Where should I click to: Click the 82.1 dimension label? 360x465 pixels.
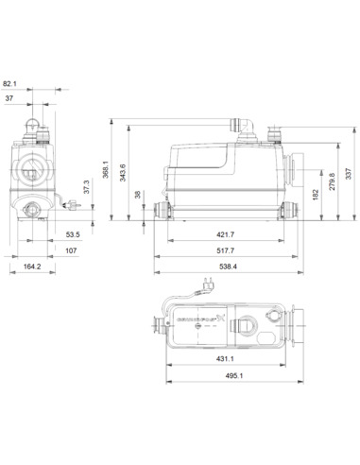pyautogui.click(x=10, y=83)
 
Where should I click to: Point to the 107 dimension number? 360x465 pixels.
pyautogui.click(x=71, y=250)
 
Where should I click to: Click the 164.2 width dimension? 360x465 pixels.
pyautogui.click(x=32, y=268)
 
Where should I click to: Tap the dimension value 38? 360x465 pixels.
pyautogui.click(x=140, y=196)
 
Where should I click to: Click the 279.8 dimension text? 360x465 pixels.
pyautogui.click(x=330, y=181)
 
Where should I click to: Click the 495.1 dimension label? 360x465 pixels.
pyautogui.click(x=233, y=376)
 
